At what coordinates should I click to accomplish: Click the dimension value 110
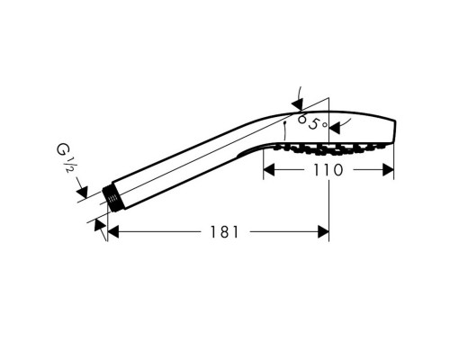coord(328,170)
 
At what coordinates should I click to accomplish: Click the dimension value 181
coord(225,232)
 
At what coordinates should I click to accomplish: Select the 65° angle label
coord(312,122)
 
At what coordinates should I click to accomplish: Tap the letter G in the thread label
coord(62,149)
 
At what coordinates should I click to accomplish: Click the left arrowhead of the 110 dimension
coord(269,170)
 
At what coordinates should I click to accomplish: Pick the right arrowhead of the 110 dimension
coord(388,170)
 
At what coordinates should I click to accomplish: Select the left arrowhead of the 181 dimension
coord(113,232)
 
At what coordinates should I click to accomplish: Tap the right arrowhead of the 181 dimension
coord(323,232)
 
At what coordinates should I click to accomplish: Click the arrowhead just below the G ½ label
coord(82,192)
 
